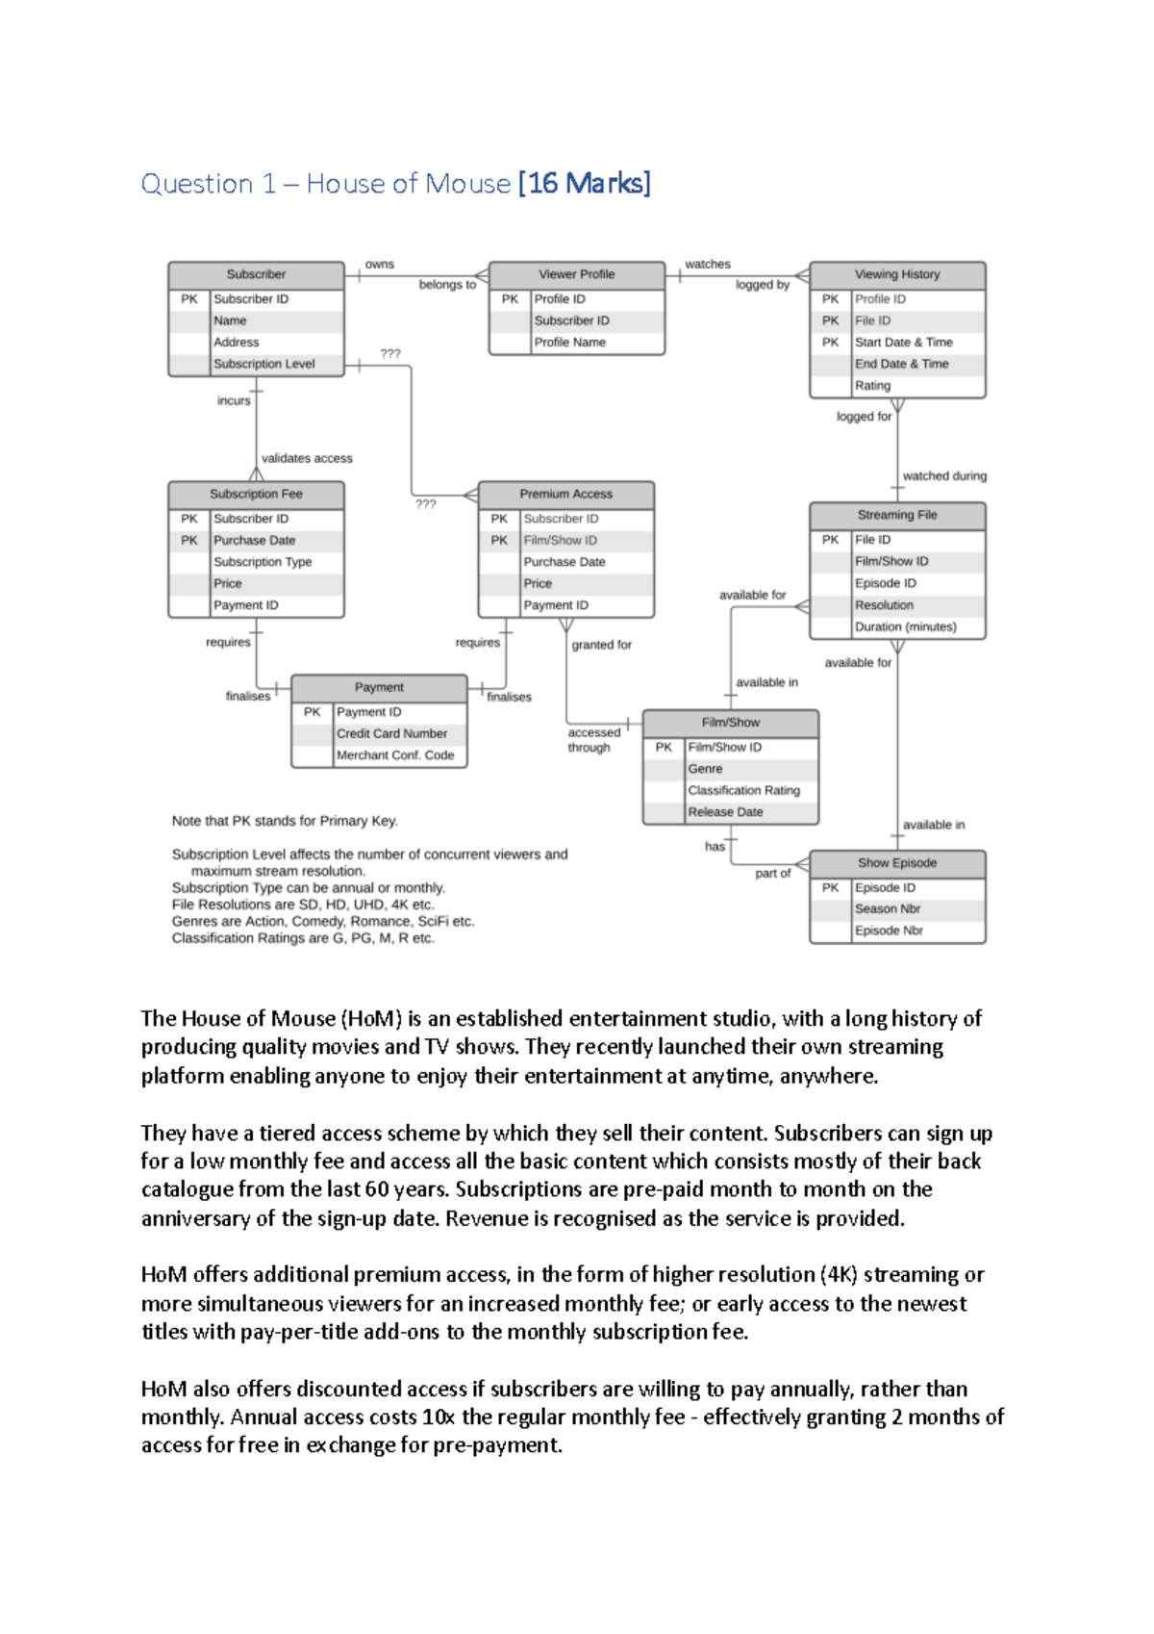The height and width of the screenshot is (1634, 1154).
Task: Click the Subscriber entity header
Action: point(256,274)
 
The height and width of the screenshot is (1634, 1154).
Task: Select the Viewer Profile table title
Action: point(576,274)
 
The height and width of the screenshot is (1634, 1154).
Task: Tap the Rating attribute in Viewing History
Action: point(872,386)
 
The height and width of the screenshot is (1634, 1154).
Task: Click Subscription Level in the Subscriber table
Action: point(263,364)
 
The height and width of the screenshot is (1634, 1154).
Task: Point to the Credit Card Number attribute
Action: point(391,733)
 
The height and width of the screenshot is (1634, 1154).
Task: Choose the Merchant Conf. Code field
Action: point(394,755)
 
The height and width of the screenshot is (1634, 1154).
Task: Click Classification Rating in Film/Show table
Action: point(743,790)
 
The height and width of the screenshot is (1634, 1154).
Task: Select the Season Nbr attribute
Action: point(887,908)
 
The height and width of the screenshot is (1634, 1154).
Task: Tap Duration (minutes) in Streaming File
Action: point(905,626)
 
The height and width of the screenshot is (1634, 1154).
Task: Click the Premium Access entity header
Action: point(565,494)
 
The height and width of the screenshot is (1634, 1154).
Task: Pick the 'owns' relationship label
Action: point(379,264)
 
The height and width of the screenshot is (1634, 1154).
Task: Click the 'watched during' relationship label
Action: point(943,475)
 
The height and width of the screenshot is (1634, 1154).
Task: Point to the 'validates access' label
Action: point(307,458)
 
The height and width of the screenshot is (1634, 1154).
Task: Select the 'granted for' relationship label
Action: point(601,645)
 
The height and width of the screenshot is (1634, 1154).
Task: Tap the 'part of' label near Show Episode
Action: point(772,873)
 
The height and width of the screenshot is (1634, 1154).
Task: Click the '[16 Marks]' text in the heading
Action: point(584,183)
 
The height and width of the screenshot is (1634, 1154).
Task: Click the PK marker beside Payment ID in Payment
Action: point(312,712)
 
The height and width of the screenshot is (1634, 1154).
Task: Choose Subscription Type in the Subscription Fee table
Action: point(263,562)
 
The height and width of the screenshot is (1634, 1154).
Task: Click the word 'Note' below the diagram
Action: point(186,821)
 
